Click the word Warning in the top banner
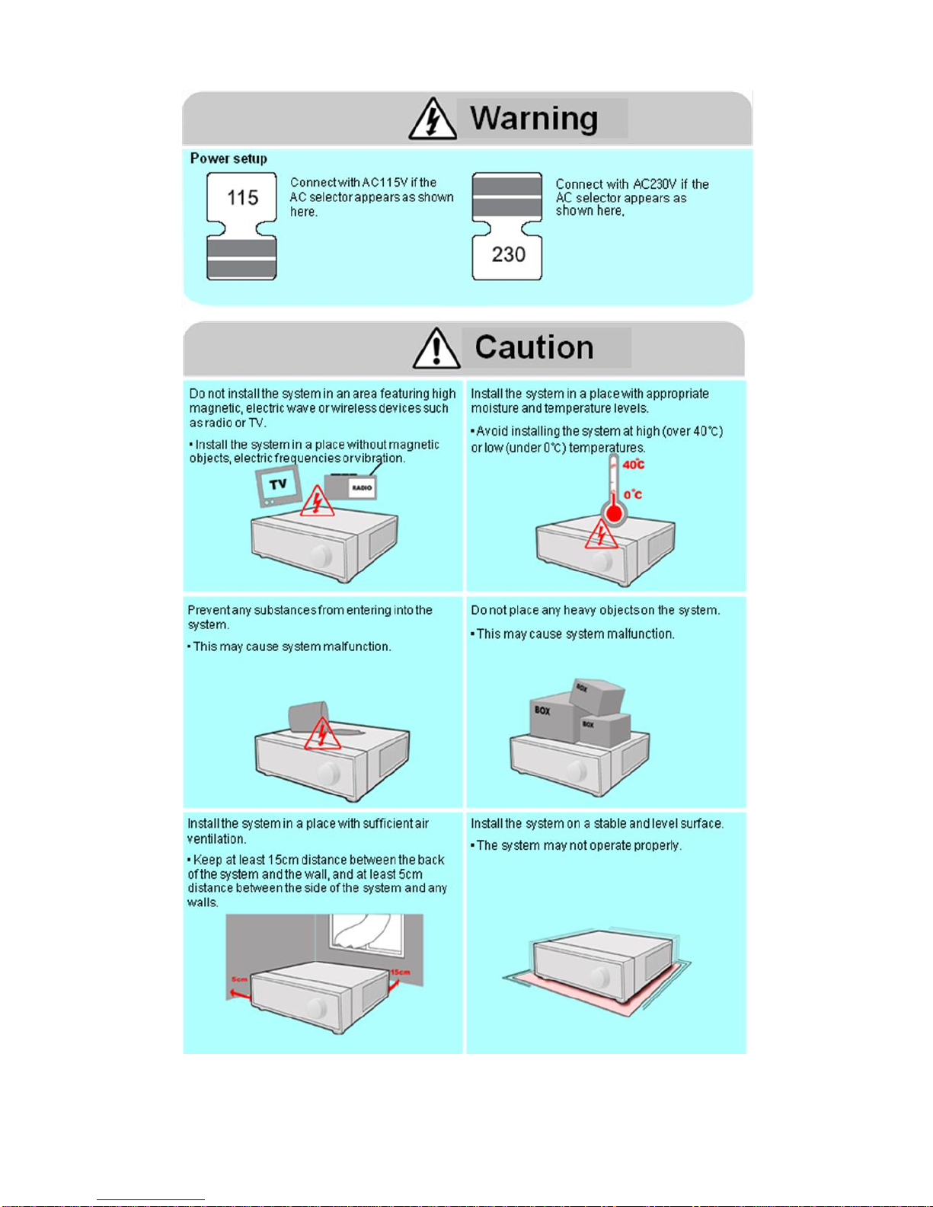[x=533, y=119]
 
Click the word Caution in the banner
[x=534, y=348]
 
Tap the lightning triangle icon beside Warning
[x=432, y=120]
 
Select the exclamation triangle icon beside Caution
[x=436, y=349]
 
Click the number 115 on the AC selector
[x=243, y=198]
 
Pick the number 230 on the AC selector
[x=508, y=254]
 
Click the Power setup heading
[x=228, y=158]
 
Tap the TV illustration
[x=277, y=486]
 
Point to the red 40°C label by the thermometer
[x=634, y=465]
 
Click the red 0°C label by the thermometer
[x=633, y=495]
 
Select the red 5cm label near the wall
[x=240, y=979]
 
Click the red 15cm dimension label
[x=400, y=972]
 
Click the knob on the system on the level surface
[x=600, y=977]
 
